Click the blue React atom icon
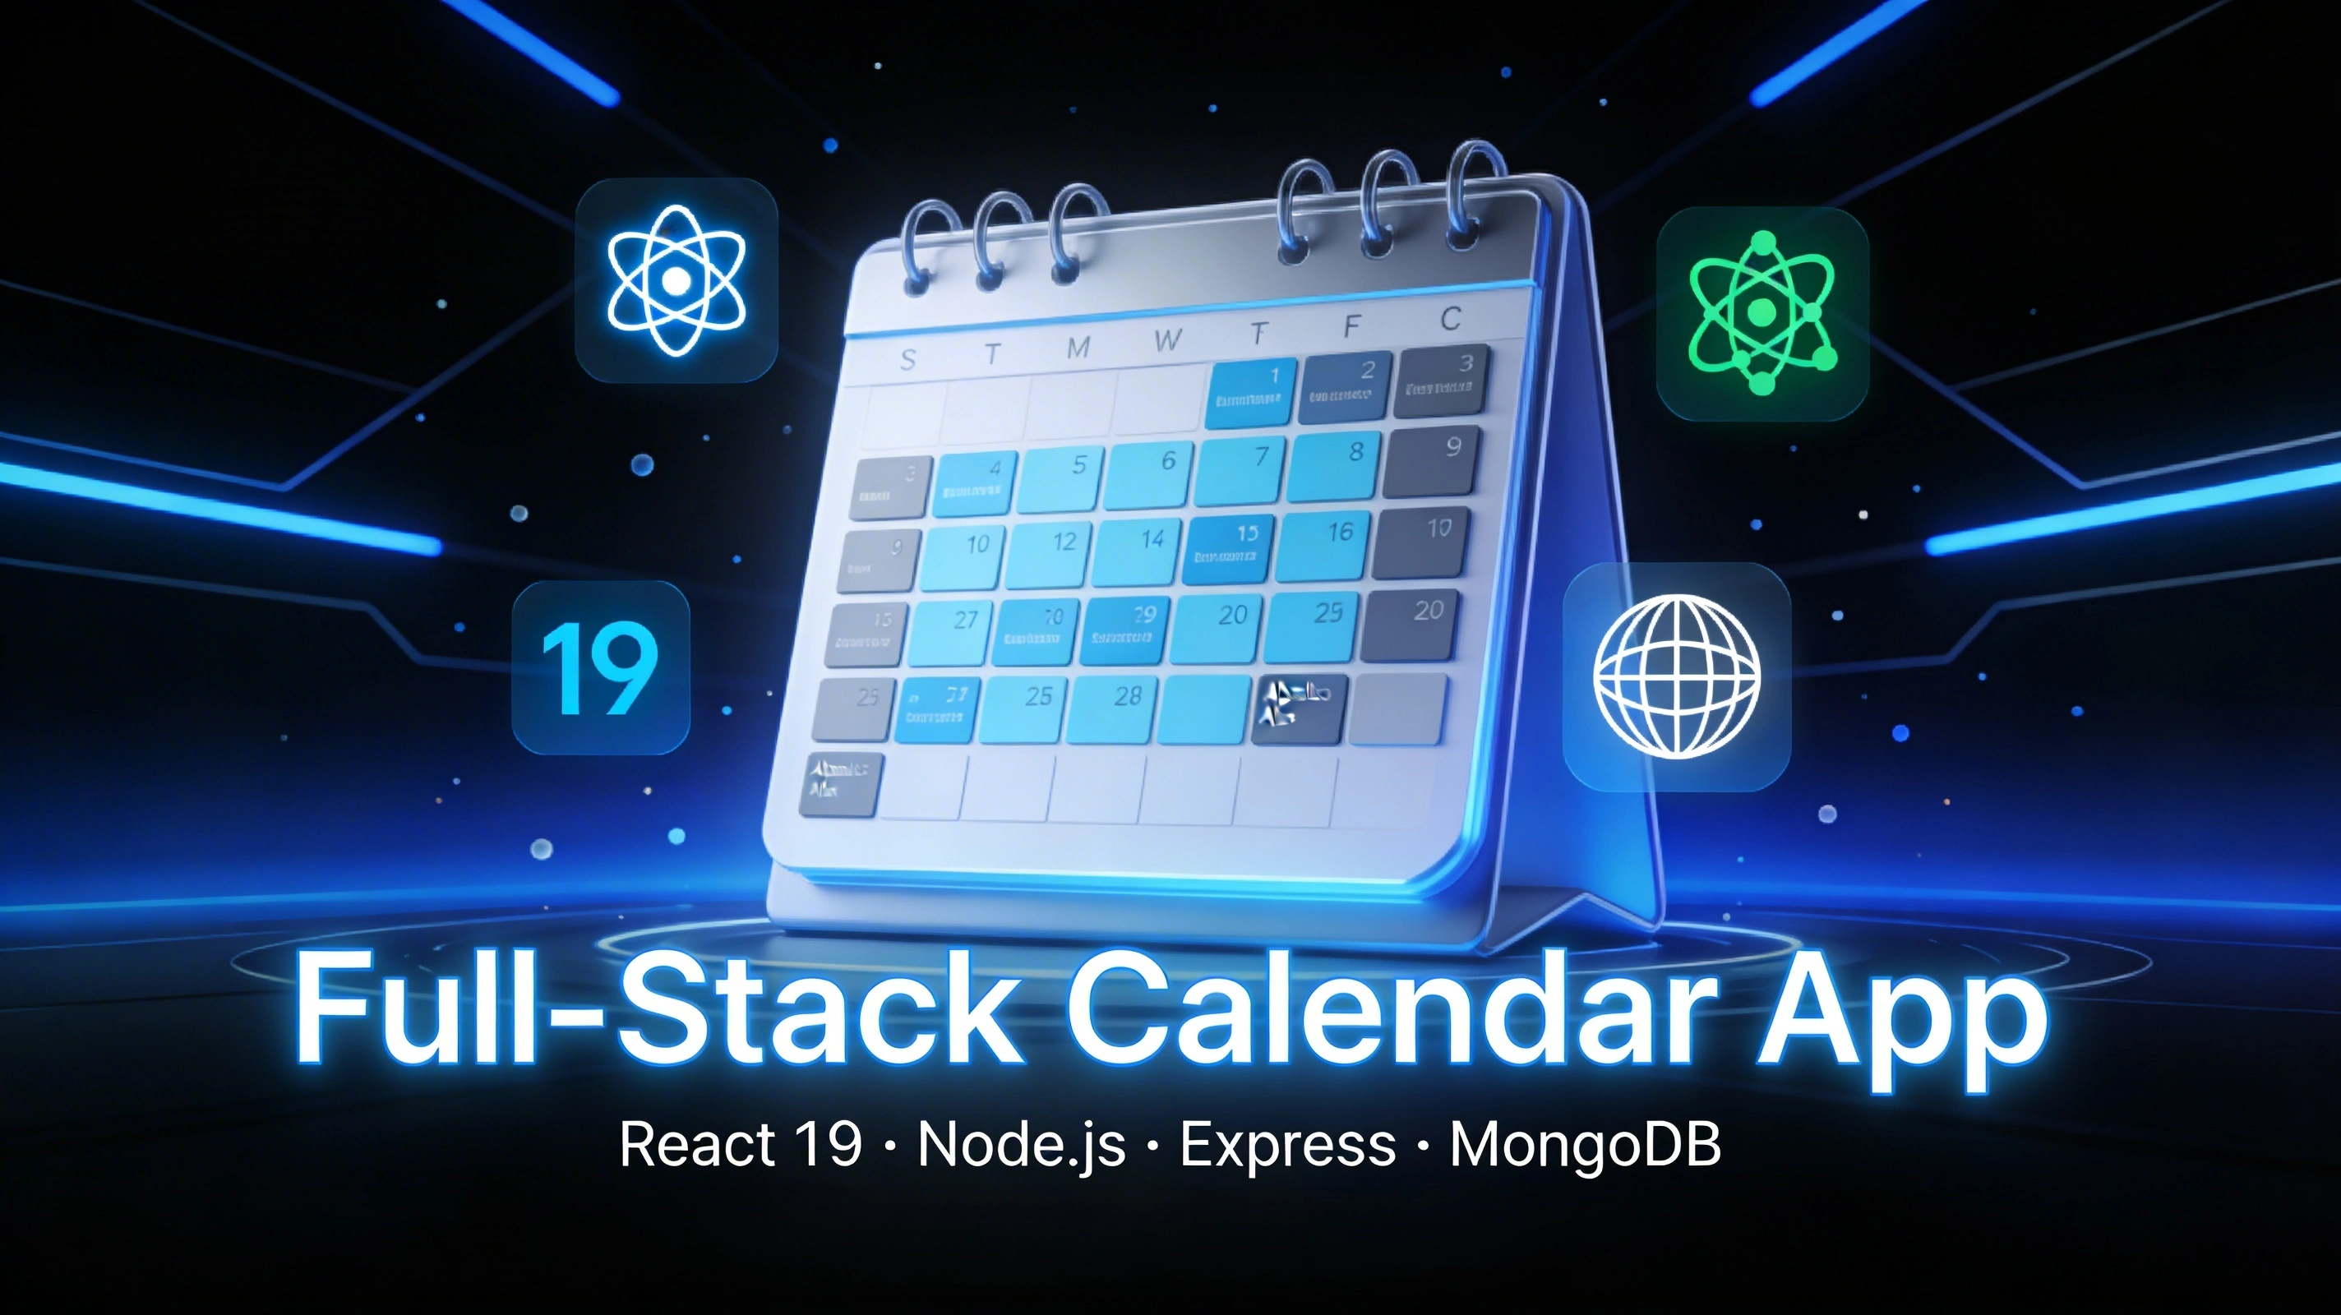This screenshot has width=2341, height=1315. pyautogui.click(x=676, y=280)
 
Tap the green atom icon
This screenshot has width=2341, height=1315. pyautogui.click(x=1762, y=312)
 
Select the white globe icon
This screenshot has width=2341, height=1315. pyautogui.click(x=1677, y=676)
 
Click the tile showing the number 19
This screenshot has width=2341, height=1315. pyautogui.click(x=600, y=668)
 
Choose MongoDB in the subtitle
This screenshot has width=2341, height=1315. pyautogui.click(x=1585, y=1144)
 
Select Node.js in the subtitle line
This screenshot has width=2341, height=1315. pyautogui.click(x=1022, y=1144)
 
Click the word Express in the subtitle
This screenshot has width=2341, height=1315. pyautogui.click(x=1287, y=1144)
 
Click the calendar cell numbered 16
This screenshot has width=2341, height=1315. pyautogui.click(x=1324, y=545)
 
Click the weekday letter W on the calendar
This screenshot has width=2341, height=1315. pyautogui.click(x=1167, y=341)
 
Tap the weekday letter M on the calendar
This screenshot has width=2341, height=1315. pyautogui.click(x=1078, y=348)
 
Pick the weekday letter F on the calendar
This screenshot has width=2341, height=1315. pyautogui.click(x=1352, y=325)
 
